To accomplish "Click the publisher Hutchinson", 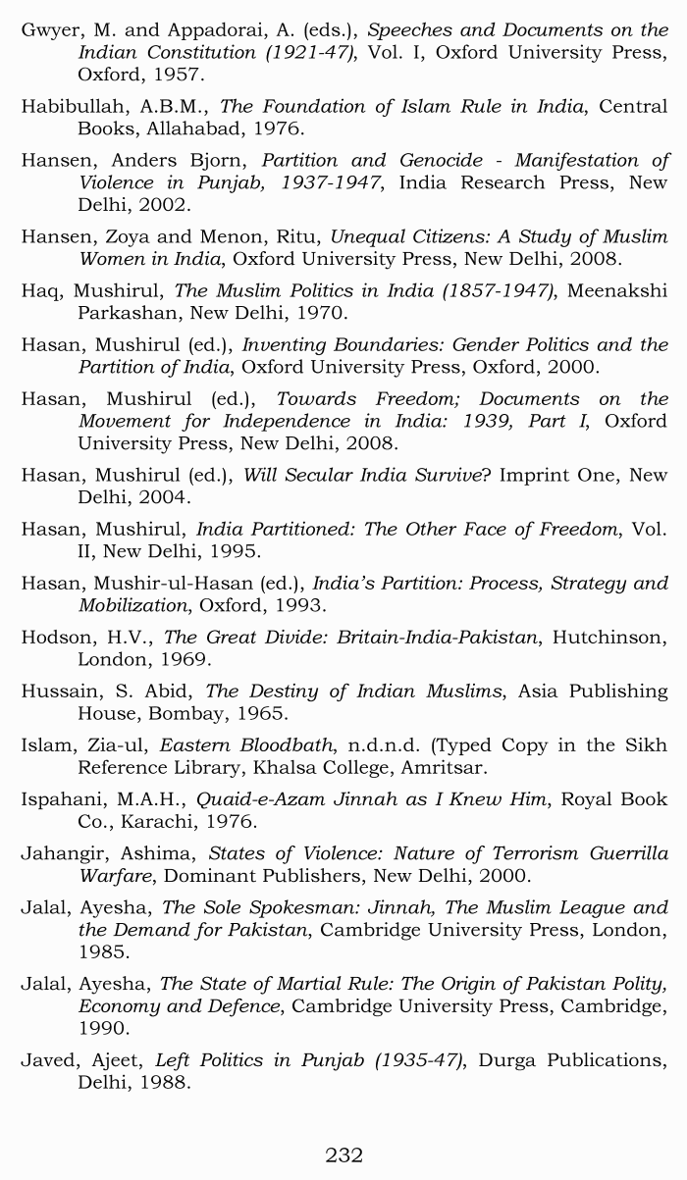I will [608, 638].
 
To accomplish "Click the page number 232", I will [343, 1154].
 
